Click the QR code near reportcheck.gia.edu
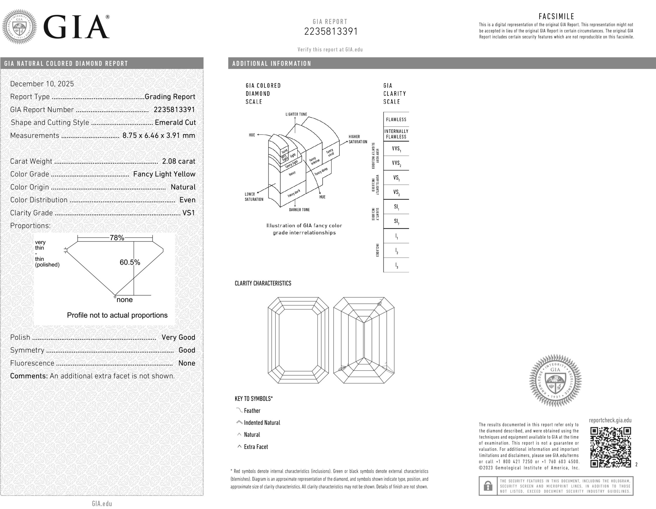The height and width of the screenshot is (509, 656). (610, 447)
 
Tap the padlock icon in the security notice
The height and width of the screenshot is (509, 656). (488, 486)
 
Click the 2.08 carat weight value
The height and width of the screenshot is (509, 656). (179, 161)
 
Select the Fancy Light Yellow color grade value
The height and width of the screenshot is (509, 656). (164, 174)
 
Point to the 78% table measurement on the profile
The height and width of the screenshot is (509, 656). (117, 238)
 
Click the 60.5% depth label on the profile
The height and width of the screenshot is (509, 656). (130, 262)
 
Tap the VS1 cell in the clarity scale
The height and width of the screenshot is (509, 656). (396, 178)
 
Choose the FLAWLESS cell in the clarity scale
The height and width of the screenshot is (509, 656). (396, 119)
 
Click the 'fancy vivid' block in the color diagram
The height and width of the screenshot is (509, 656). (330, 152)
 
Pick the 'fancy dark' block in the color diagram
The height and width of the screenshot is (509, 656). (293, 193)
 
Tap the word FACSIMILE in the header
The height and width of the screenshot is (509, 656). (556, 16)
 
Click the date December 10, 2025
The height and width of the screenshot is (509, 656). (42, 84)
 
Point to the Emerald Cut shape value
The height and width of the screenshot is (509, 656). (175, 122)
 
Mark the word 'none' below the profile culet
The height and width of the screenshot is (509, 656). (124, 299)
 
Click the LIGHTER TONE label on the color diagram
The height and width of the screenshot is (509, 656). (296, 114)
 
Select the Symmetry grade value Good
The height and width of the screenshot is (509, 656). (187, 350)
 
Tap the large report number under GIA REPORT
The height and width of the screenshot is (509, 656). (331, 31)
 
